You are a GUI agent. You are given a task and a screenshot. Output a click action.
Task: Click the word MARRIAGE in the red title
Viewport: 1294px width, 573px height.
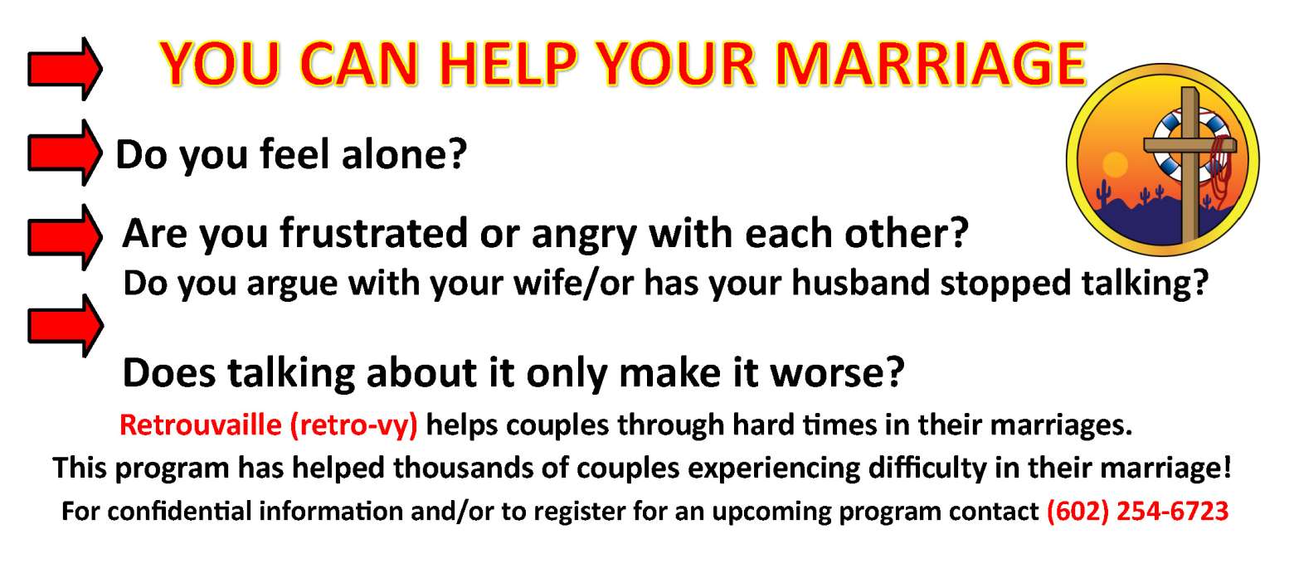point(931,64)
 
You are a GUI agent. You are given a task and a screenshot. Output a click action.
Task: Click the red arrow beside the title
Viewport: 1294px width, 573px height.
point(65,69)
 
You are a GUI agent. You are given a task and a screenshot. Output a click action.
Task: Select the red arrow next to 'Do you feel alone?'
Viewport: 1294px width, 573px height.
point(65,153)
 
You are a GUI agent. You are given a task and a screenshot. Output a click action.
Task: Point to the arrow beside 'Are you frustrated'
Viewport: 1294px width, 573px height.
point(65,237)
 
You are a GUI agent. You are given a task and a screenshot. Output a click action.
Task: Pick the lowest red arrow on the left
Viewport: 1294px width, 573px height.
point(66,326)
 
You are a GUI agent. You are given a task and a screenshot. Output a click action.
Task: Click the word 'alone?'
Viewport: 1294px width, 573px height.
point(405,154)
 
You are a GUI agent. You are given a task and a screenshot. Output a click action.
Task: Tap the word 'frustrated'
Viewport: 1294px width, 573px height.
point(374,233)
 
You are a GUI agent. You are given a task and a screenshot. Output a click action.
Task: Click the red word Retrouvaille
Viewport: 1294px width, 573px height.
point(201,425)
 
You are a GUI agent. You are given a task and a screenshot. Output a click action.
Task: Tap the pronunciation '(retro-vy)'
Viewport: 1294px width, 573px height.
point(353,426)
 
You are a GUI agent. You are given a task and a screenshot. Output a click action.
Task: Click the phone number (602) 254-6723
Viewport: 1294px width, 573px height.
point(1137,511)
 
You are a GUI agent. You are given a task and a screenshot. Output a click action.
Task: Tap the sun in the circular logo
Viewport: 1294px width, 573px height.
point(1114,165)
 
